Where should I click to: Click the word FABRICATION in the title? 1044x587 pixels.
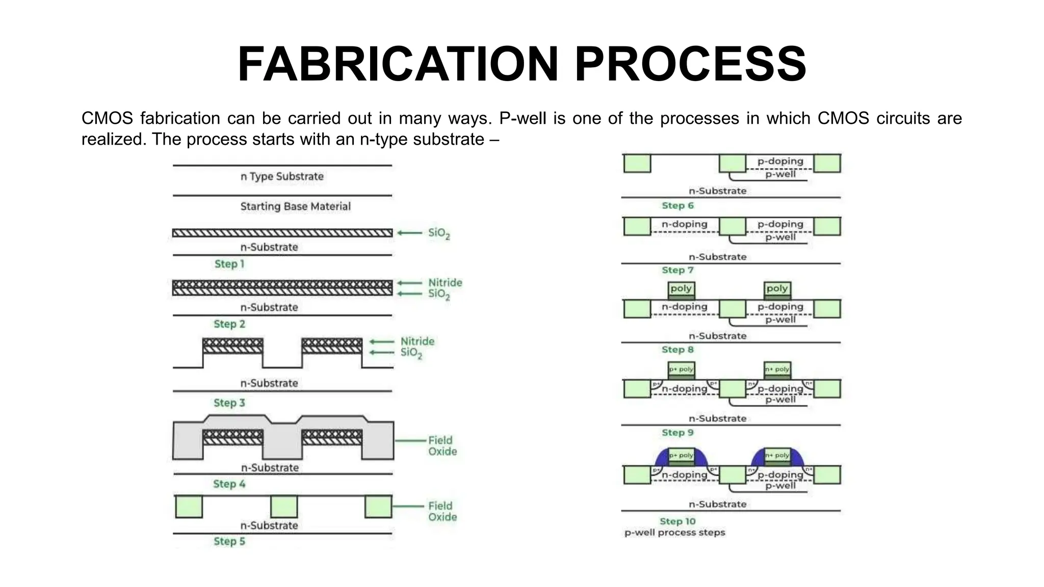[x=398, y=65]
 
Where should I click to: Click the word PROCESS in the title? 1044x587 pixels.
[x=690, y=65]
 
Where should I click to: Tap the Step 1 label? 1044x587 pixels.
[x=229, y=264]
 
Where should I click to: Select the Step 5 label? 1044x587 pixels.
[x=229, y=541]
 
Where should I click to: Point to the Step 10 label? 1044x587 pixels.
[x=677, y=521]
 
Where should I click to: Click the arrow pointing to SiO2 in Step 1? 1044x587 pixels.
[x=410, y=233]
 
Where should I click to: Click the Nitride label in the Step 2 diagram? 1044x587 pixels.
[x=445, y=282]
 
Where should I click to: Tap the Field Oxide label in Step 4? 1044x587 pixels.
[x=442, y=446]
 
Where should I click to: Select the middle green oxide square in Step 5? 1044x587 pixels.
[x=284, y=507]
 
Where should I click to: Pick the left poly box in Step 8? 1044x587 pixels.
[x=681, y=289]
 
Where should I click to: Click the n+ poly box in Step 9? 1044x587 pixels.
[x=777, y=369]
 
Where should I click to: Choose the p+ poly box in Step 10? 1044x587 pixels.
[x=681, y=456]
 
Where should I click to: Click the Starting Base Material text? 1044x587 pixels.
[x=295, y=206]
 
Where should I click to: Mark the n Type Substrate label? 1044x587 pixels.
[x=282, y=176]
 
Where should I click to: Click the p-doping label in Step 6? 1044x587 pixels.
[x=780, y=161]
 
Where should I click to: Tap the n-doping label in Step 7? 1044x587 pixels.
[x=684, y=224]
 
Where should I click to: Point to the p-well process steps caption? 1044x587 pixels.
[x=674, y=532]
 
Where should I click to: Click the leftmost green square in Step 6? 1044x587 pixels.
[x=637, y=163]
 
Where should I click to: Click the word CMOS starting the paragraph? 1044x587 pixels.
[x=107, y=118]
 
